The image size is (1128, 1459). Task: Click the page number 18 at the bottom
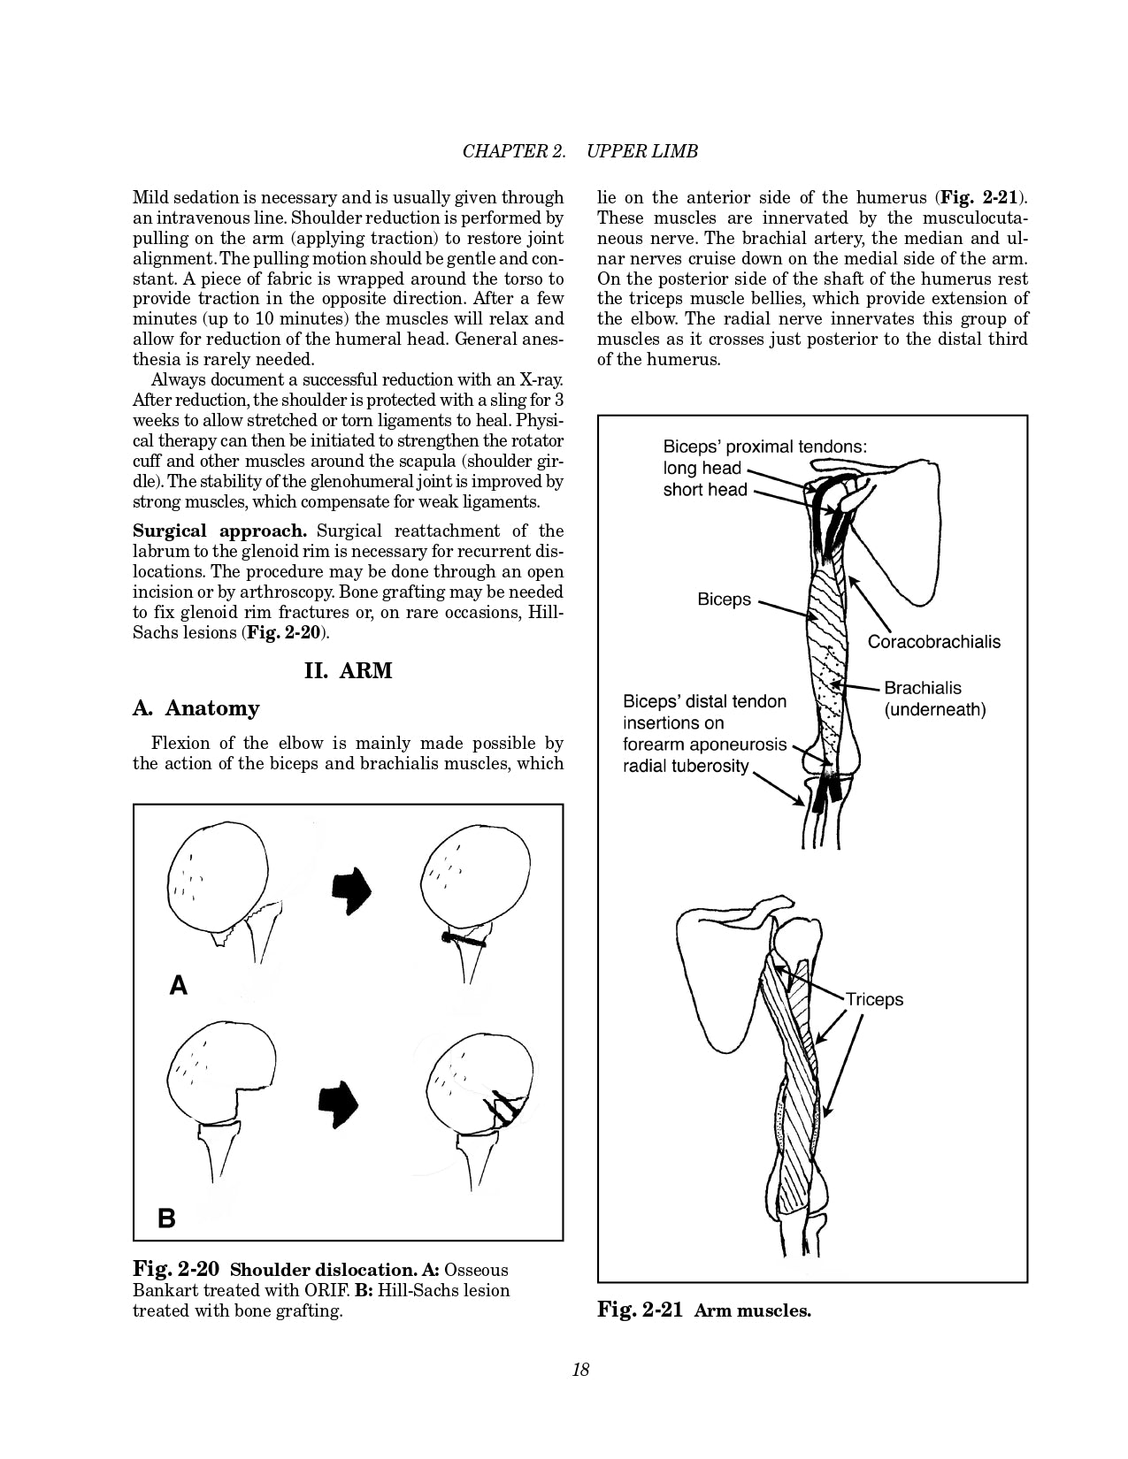pos(580,1370)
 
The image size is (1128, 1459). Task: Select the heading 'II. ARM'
pos(348,670)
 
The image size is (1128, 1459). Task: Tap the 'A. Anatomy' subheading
pos(196,708)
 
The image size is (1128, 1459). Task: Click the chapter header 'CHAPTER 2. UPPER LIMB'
pos(580,151)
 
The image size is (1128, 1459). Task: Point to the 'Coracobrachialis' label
pos(933,642)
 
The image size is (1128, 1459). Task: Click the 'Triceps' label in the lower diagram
pos(874,999)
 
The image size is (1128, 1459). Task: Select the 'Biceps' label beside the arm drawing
pos(724,600)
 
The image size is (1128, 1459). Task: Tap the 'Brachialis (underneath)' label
pos(934,699)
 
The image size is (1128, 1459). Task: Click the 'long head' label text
pos(702,469)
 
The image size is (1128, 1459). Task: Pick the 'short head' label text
pos(705,490)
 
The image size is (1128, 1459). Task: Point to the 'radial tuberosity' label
pos(686,766)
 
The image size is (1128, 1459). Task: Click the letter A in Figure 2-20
pos(179,986)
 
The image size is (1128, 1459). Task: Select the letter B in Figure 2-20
pos(166,1218)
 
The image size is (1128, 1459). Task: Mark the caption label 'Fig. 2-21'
pos(640,1310)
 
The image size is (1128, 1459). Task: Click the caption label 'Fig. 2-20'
pos(175,1270)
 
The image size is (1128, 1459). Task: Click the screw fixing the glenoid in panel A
pos(464,939)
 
